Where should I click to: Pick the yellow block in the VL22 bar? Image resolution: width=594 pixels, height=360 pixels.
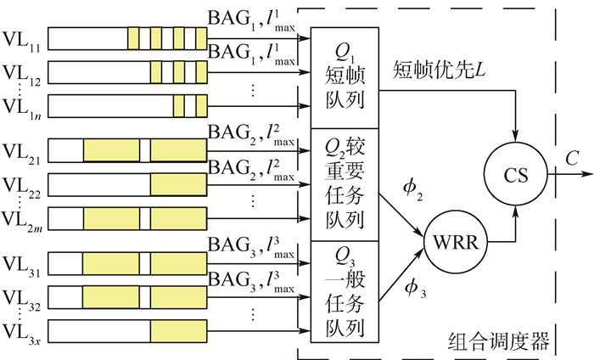coord(178,185)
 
